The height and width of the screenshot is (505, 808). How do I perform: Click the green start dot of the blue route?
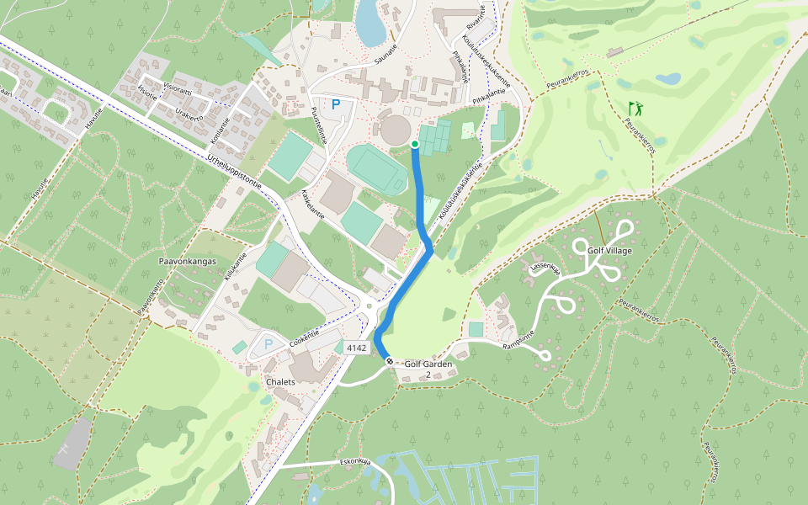coord(415,145)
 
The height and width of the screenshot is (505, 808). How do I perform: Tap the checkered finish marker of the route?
coord(390,361)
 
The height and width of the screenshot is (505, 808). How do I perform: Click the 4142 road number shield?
coord(357,348)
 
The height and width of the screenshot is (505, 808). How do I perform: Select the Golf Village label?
coord(609,251)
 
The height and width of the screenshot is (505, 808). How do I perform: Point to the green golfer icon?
coord(635,109)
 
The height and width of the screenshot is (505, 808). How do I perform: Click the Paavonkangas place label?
coord(188,262)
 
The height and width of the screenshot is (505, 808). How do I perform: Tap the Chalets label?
coord(280,382)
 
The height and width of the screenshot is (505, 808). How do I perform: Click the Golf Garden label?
coord(428,364)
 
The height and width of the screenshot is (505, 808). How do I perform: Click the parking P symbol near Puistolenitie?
coord(336,105)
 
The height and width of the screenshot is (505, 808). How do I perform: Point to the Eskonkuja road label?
coord(355,461)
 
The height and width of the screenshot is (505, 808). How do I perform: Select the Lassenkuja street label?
coord(545,268)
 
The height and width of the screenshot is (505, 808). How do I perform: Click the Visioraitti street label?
coord(177,87)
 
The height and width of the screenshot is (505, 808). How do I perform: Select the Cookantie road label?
coord(306,337)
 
